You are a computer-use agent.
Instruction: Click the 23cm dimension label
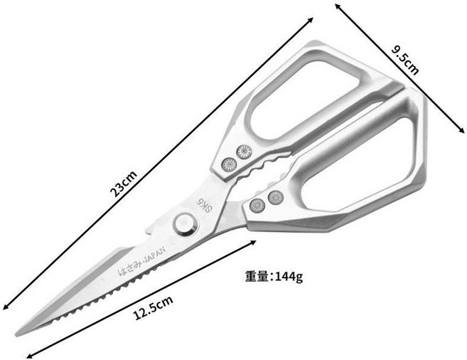point(124,184)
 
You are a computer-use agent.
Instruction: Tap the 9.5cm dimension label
point(405,60)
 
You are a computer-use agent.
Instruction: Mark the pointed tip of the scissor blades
point(16,335)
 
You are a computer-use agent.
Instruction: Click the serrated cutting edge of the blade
point(104,295)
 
